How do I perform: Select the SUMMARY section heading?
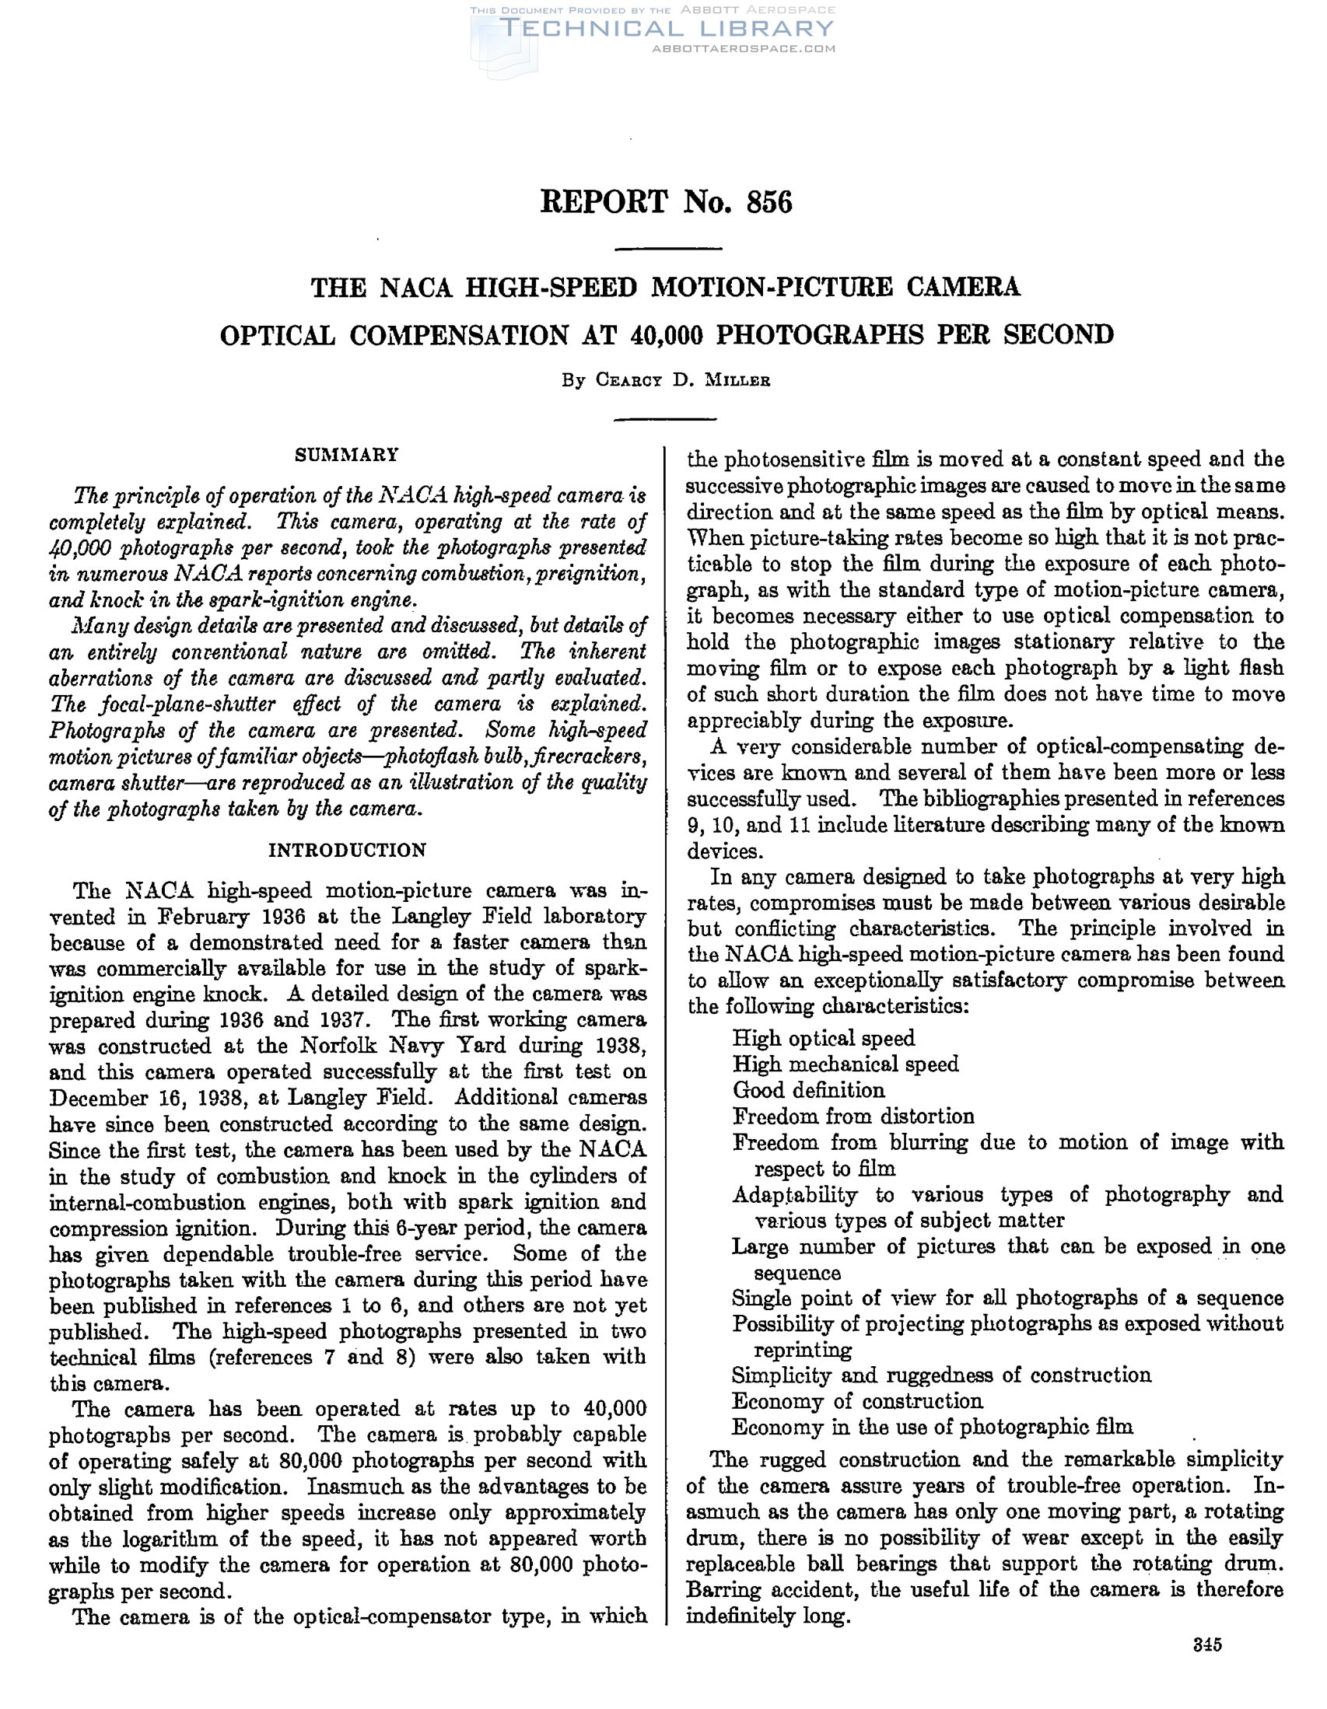346,455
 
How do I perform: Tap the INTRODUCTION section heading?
348,850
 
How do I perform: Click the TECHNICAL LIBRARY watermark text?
667,30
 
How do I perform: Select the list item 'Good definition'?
808,1090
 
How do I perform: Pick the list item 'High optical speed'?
823,1039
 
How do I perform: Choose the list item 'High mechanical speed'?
845,1064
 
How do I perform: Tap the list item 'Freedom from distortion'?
853,1116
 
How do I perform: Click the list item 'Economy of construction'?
856,1400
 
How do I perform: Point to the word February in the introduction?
203,917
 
